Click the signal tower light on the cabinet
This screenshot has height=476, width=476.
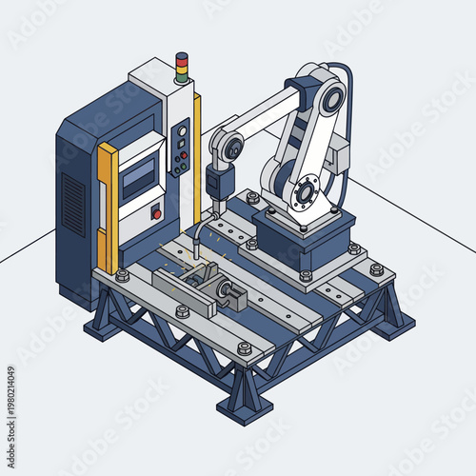coord(182,66)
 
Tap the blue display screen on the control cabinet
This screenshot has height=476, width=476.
coord(139,177)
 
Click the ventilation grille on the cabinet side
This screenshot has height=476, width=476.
coord(73,204)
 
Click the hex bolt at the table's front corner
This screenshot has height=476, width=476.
coord(245,348)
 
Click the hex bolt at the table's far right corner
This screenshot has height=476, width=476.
coord(377,270)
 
